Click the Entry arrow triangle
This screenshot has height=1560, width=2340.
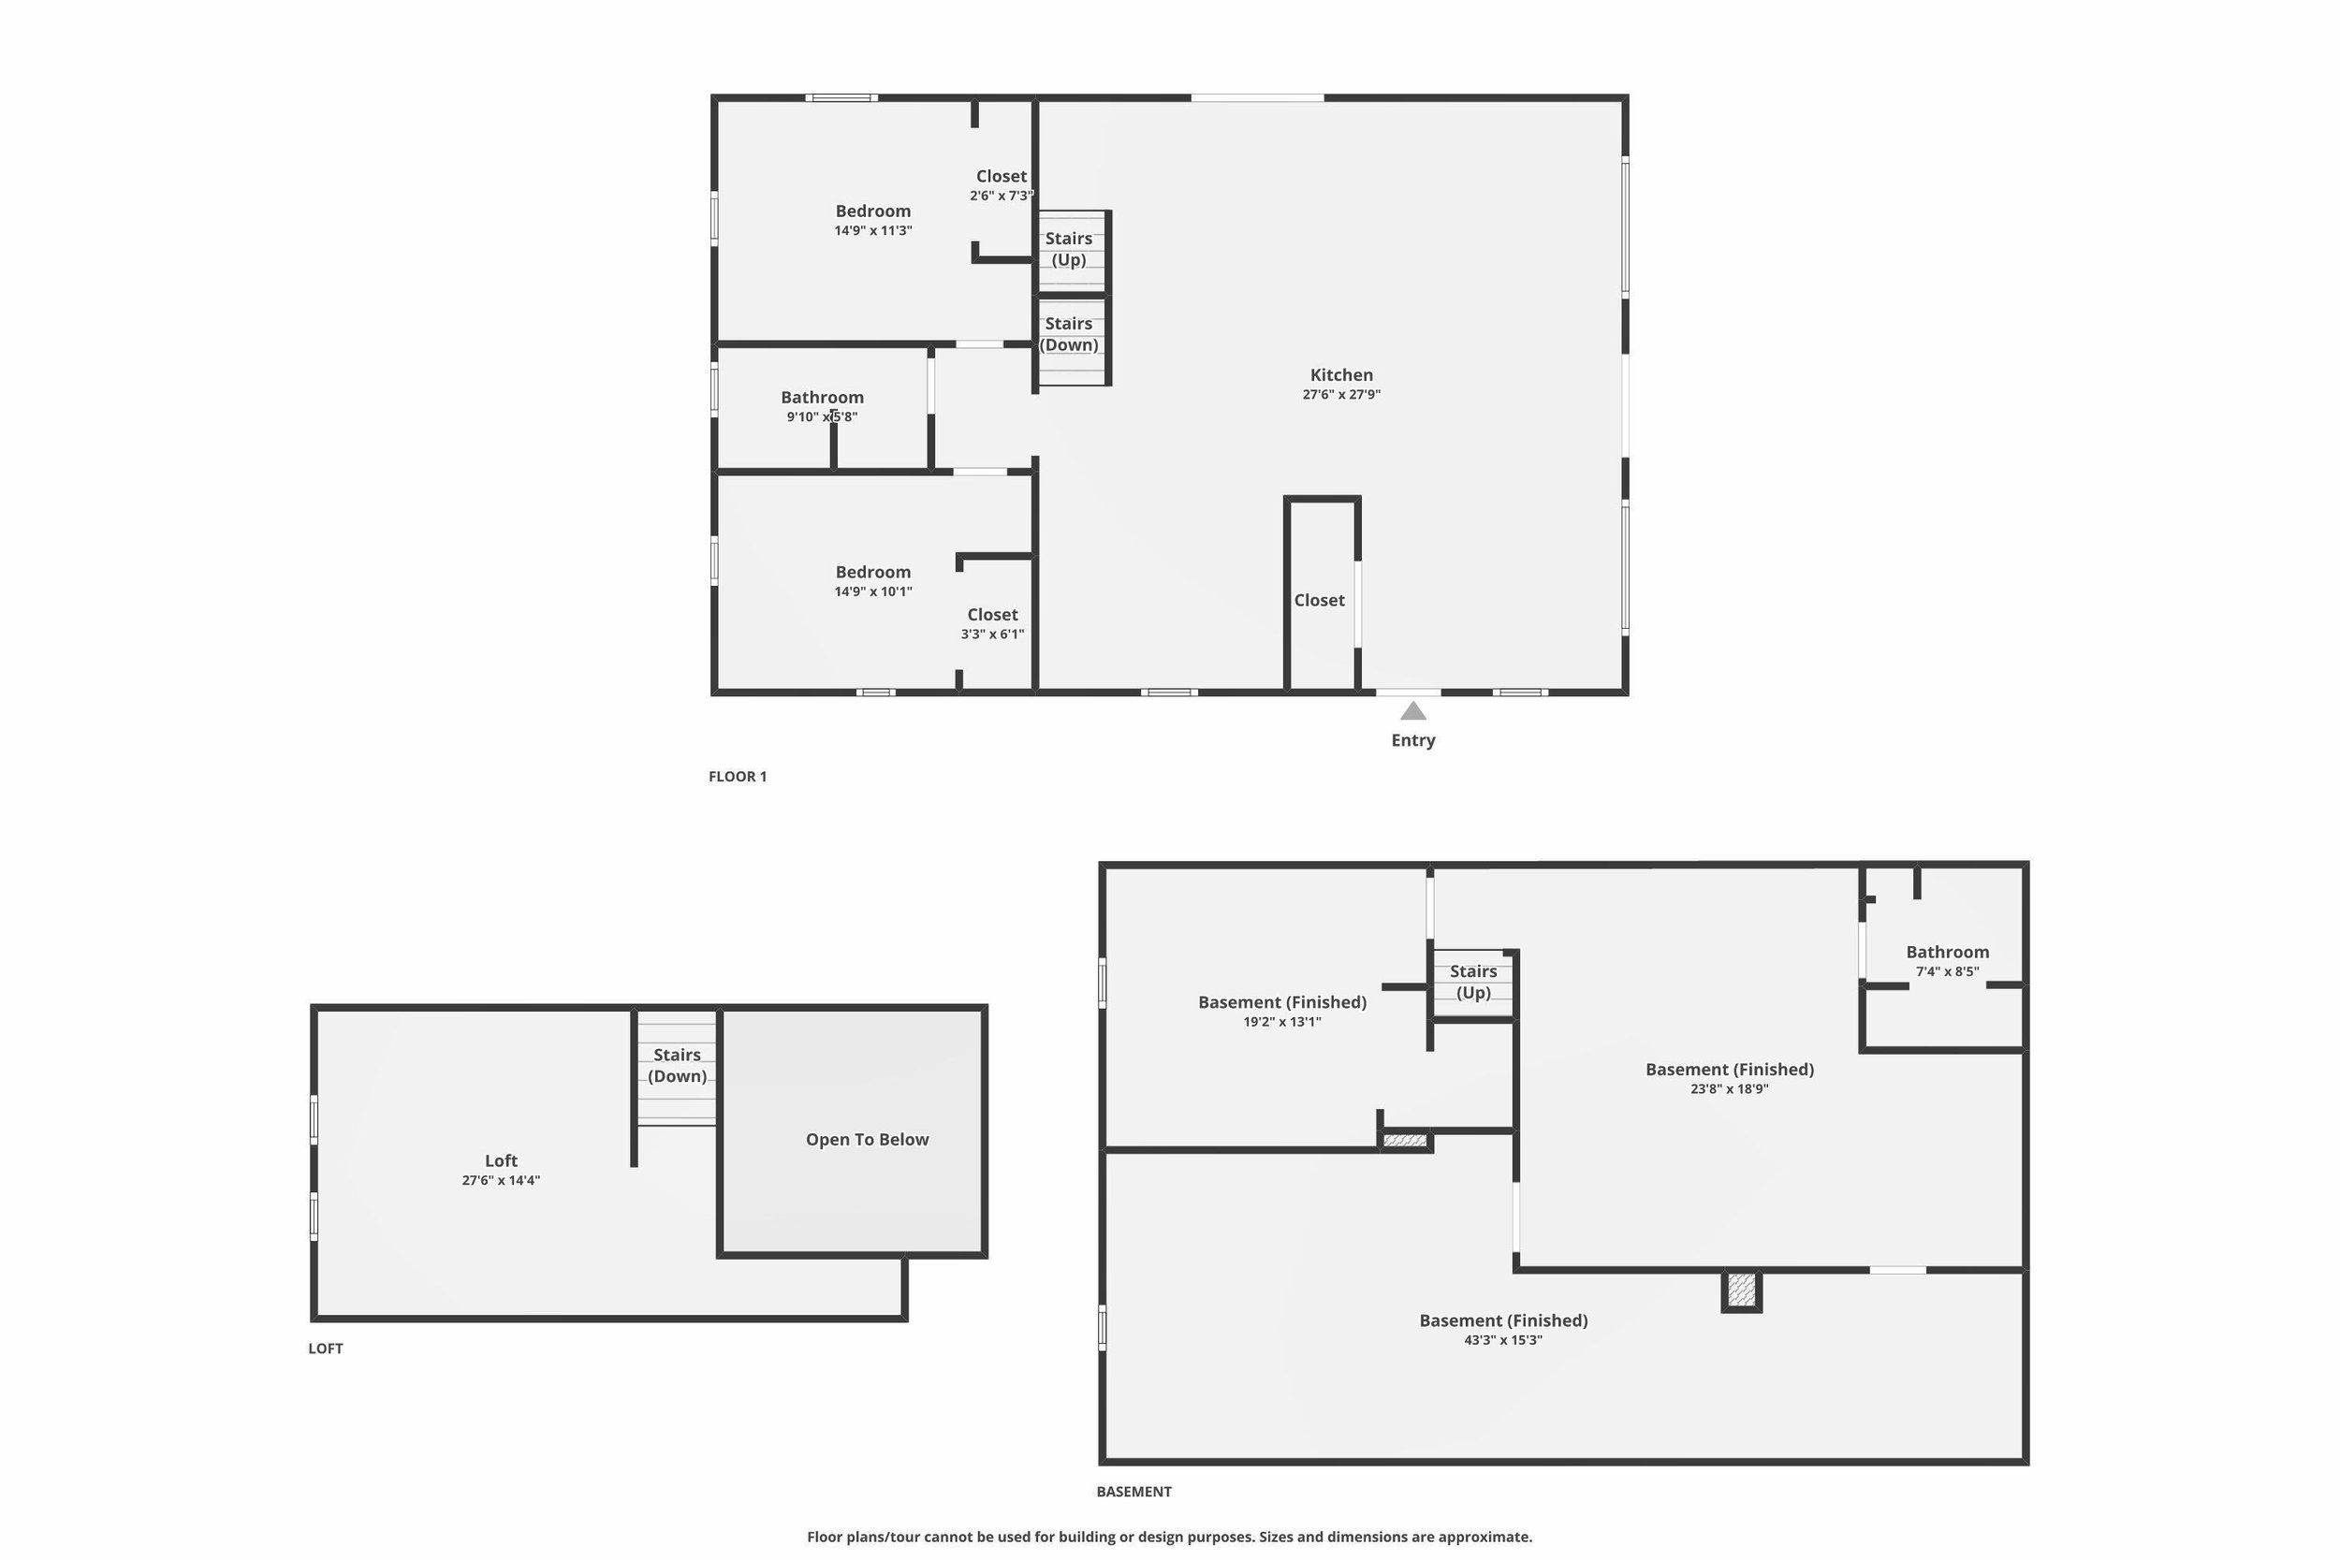[1412, 710]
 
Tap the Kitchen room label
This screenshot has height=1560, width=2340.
[1341, 375]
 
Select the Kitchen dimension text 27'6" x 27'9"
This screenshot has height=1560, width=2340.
[1341, 394]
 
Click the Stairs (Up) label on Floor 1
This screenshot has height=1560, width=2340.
[1069, 249]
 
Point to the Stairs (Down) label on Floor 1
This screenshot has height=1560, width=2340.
[1069, 334]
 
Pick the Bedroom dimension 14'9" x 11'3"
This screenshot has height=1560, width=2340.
[872, 231]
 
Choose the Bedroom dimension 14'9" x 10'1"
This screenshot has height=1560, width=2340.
[872, 592]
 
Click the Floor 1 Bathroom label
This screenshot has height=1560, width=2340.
[822, 397]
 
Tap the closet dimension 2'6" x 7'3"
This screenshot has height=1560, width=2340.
[1001, 196]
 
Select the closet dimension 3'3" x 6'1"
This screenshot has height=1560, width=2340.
[992, 634]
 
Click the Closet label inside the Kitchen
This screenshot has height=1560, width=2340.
[1319, 600]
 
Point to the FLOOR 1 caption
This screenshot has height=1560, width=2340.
[738, 776]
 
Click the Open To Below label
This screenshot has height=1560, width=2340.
[867, 1139]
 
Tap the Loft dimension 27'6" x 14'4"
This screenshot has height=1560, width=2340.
[501, 1181]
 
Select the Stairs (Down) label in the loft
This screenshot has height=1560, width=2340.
[677, 1065]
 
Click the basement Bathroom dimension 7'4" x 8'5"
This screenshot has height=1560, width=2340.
[1947, 972]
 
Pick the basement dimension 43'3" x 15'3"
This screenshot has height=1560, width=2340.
[1502, 1340]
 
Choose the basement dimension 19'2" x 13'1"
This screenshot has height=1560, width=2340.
[1281, 1022]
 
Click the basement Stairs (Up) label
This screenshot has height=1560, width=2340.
[1472, 981]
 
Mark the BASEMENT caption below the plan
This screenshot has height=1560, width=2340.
[1133, 1492]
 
